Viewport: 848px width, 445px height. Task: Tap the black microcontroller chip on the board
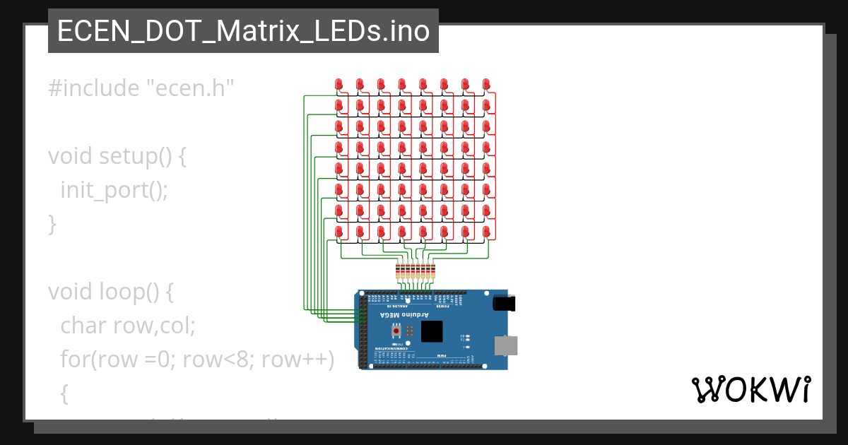tap(431, 331)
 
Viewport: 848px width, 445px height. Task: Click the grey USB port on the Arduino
tap(505, 345)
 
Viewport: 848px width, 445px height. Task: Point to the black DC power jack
tap(503, 303)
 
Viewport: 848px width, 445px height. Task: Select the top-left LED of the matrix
tap(338, 84)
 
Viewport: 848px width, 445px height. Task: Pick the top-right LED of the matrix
tap(486, 84)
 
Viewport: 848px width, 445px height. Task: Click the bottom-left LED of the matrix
tap(338, 232)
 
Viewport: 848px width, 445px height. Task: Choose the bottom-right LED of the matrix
tap(486, 232)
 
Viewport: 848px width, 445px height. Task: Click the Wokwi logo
tap(750, 389)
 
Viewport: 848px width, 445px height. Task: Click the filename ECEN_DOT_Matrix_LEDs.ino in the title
tap(243, 31)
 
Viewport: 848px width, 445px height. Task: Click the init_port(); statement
tap(114, 190)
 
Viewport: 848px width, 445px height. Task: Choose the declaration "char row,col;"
tap(128, 326)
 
